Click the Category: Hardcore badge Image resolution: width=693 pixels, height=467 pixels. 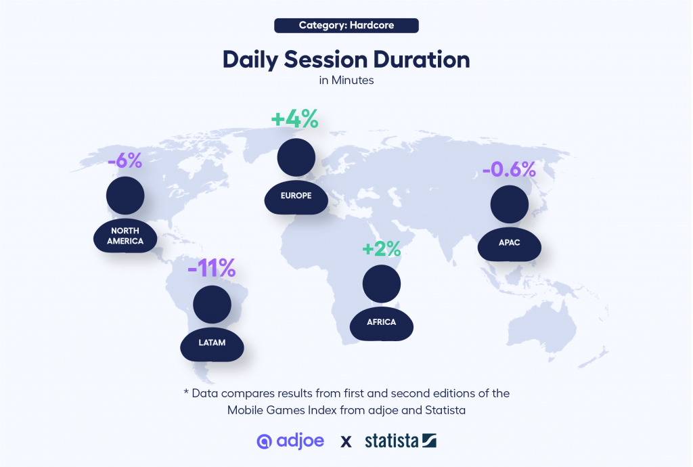[x=346, y=25]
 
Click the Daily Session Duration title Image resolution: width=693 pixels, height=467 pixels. [x=346, y=59]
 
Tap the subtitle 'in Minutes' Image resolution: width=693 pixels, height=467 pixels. [x=346, y=80]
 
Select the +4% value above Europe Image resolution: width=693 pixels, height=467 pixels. [x=294, y=119]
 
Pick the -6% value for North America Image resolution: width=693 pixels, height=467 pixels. [x=125, y=160]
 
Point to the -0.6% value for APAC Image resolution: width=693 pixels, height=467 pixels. [x=509, y=169]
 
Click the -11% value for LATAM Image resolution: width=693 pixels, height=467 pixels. [x=212, y=268]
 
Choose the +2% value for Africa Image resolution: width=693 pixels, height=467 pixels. [x=382, y=249]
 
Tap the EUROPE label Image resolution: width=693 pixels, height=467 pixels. [x=296, y=196]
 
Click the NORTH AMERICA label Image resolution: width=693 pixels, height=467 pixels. [x=125, y=236]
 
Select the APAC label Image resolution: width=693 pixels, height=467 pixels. [x=509, y=242]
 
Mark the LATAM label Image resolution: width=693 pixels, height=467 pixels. [x=212, y=342]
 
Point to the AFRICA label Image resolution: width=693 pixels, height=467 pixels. [x=382, y=322]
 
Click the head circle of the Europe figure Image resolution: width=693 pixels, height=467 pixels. [x=296, y=157]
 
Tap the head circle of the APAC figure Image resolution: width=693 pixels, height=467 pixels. [x=510, y=204]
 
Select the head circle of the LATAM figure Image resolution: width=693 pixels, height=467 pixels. [x=212, y=305]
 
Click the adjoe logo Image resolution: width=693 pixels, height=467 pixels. [x=290, y=441]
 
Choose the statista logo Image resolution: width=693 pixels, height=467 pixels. [x=401, y=441]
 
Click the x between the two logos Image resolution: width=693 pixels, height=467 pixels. [x=346, y=441]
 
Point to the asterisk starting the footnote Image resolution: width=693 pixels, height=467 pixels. [x=186, y=392]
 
